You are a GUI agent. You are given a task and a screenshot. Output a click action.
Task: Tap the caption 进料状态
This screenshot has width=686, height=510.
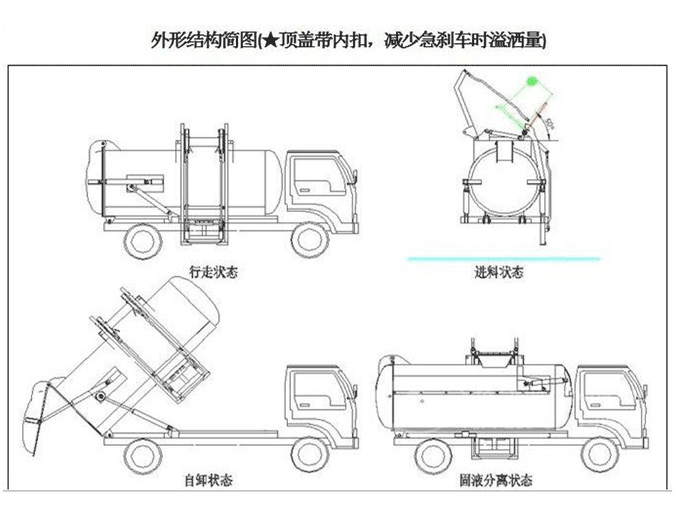point(499,273)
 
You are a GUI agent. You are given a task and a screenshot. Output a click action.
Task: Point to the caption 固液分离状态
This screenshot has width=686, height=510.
point(496,480)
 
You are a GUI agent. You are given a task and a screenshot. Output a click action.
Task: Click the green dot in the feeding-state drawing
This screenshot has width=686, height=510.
point(531,82)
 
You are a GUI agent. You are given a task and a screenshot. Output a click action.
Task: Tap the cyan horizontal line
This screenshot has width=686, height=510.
point(504,258)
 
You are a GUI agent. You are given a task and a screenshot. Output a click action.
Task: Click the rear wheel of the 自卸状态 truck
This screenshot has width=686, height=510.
point(143,452)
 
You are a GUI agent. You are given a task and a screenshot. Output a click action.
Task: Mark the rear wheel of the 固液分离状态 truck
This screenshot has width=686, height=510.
point(434,452)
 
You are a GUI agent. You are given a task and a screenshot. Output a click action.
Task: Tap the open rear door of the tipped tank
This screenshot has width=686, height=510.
point(38,418)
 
